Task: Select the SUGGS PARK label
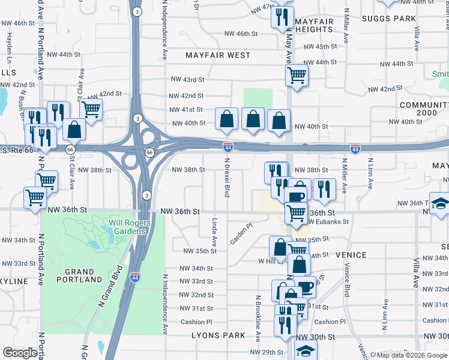pos(388,19)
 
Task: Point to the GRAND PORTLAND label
pos(79,275)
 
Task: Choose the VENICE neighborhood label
pos(351,255)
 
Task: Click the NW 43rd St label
pos(188,79)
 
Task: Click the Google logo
pos(20,353)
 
